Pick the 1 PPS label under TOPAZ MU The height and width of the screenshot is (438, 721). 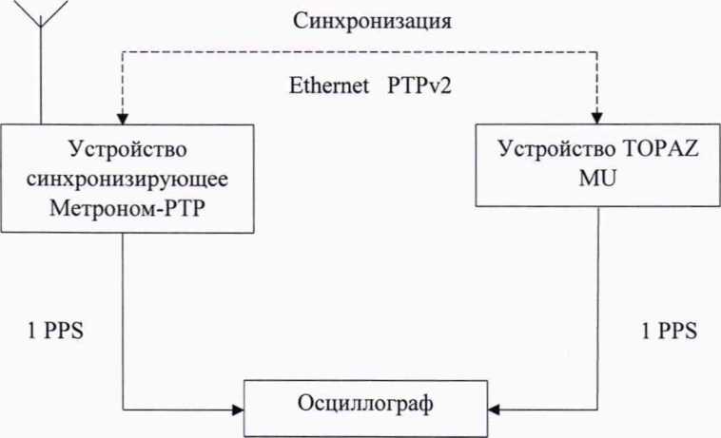point(668,332)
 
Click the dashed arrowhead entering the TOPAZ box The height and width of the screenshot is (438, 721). point(596,117)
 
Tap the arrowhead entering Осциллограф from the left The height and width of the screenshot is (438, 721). point(238,411)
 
